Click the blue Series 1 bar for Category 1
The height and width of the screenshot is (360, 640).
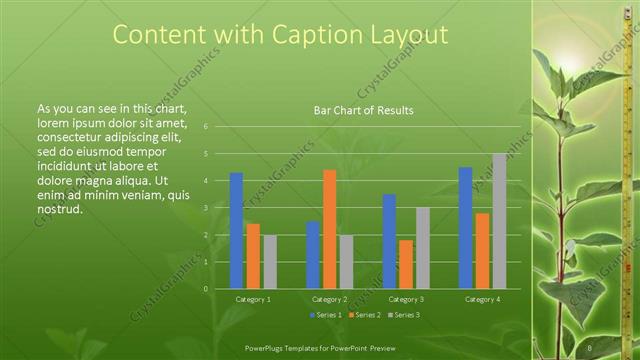point(236,231)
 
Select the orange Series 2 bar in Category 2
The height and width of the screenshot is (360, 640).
point(330,229)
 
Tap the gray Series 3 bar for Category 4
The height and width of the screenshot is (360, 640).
point(499,221)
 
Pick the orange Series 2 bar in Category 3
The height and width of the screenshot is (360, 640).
point(406,264)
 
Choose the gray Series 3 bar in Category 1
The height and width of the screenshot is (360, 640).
point(270,262)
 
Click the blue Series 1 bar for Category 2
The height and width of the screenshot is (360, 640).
point(313,255)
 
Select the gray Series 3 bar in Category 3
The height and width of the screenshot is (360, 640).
point(423,248)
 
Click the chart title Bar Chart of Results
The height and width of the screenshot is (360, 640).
point(357,110)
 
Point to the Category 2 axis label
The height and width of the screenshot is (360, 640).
point(329,299)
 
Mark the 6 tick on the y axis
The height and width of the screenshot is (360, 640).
point(204,127)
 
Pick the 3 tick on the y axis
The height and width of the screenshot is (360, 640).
point(204,208)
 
